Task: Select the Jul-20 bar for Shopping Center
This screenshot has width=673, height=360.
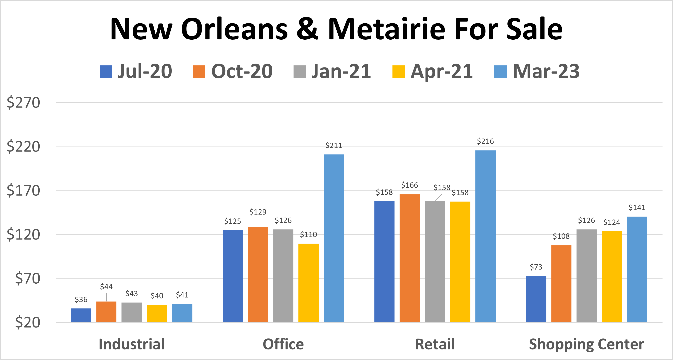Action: click(x=536, y=299)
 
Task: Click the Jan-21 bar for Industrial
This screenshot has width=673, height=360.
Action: click(x=131, y=312)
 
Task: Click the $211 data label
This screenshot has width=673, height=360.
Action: click(x=334, y=145)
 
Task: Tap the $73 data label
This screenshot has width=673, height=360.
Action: click(x=536, y=267)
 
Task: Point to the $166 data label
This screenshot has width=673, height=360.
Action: click(x=409, y=185)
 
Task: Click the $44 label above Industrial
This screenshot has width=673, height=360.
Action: click(x=106, y=287)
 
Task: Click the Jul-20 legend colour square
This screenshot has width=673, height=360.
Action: click(x=106, y=72)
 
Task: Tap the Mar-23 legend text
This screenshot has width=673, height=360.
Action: click(x=546, y=71)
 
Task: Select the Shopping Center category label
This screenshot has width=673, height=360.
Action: click(x=586, y=344)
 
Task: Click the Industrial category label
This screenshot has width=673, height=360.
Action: click(x=131, y=344)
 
